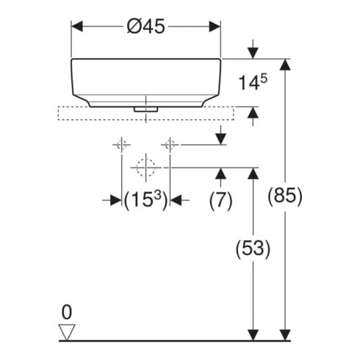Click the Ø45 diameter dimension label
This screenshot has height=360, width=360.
146,26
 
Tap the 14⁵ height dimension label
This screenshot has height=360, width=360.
253,82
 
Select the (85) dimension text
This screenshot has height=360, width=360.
285,196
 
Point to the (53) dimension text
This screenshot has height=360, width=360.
253,249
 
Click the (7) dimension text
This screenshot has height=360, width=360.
220,201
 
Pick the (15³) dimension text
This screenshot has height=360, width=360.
145,201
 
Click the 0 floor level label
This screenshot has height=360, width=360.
67,312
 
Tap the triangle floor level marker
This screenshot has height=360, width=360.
67,332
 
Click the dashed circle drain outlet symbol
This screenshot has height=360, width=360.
146,168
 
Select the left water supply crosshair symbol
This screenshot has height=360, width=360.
121,145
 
